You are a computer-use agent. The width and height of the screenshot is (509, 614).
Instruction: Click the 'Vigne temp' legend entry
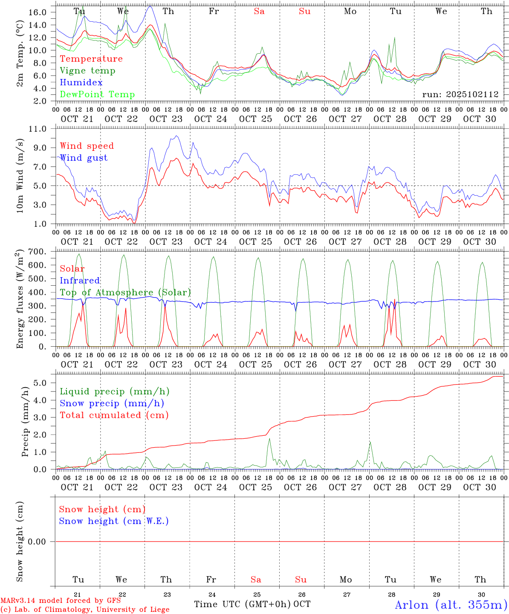pos(87,71)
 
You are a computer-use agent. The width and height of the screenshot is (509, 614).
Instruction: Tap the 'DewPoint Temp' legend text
pos(97,95)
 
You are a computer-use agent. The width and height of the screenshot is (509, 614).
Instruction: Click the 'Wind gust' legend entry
pos(84,158)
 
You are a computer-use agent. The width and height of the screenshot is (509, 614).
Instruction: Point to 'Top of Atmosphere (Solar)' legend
pos(125,293)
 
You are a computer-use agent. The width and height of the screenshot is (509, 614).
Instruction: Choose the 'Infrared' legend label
pos(80,281)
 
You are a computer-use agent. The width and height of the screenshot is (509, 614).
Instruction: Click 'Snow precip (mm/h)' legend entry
pos(112,403)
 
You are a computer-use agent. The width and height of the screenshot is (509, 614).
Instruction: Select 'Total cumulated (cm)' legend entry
pos(114,415)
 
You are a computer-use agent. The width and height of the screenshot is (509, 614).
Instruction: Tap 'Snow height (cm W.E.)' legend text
pos(113,521)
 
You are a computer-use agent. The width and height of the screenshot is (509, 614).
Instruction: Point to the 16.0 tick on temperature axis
pos(38,12)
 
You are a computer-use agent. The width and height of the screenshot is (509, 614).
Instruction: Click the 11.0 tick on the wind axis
pos(38,129)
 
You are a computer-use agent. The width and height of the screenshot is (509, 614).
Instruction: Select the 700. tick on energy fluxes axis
pos(38,252)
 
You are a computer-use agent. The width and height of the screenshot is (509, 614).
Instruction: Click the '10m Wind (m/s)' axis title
pos(20,176)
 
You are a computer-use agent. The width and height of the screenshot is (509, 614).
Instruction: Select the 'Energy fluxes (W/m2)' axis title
pos(20,300)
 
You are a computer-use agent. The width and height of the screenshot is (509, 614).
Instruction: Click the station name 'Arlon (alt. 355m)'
pos(451,605)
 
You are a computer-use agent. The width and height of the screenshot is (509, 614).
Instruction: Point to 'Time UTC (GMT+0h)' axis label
pos(243,604)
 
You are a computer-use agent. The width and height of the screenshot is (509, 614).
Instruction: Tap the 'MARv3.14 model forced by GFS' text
pos(61,601)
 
